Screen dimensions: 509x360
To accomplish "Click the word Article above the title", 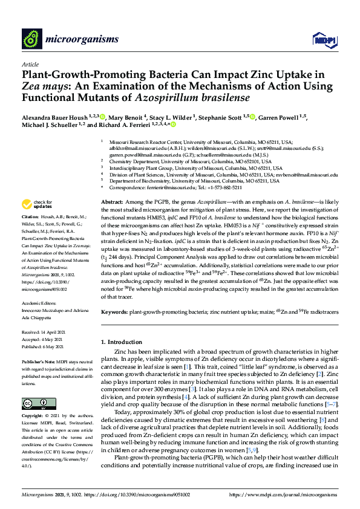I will coord(30,63).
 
